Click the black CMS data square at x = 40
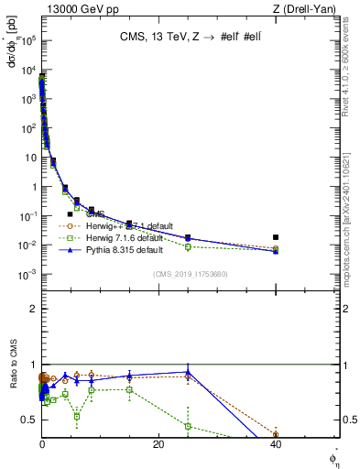click(x=276, y=237)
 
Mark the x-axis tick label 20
click(x=158, y=444)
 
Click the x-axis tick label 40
click(x=276, y=444)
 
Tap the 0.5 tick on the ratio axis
click(x=30, y=420)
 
